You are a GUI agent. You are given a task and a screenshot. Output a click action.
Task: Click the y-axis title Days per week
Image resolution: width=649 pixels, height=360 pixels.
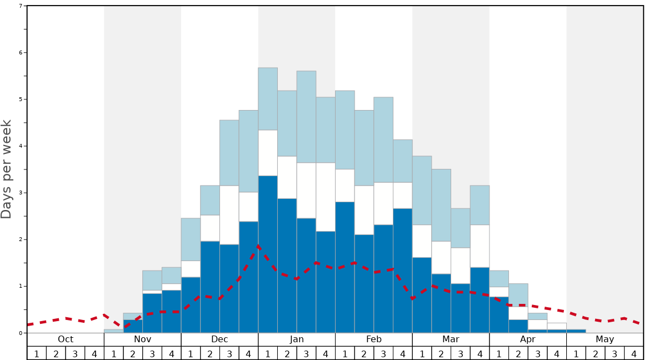pos(7,169)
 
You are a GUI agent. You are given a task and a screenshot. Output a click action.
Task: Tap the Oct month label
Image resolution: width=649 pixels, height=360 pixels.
pos(66,339)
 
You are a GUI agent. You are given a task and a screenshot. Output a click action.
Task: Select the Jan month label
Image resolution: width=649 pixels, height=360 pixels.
pos(297,339)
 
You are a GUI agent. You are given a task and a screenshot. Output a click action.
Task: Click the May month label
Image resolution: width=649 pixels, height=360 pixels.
pos(605,339)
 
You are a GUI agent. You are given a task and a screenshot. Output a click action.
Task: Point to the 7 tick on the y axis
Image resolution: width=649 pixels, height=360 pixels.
pos(21,6)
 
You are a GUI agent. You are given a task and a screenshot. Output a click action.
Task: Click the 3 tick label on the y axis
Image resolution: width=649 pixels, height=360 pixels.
pos(21,193)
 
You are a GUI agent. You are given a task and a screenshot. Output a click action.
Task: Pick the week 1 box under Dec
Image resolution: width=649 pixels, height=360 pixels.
pos(191,353)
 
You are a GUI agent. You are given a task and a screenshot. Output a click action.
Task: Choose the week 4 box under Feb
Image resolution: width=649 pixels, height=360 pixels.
pos(402,353)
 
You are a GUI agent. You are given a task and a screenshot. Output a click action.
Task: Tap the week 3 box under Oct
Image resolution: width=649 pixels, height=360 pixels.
pos(75,353)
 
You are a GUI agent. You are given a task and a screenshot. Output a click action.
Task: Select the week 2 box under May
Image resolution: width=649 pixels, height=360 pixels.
pos(595,353)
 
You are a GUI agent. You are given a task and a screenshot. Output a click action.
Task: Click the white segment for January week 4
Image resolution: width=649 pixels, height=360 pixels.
pos(326,197)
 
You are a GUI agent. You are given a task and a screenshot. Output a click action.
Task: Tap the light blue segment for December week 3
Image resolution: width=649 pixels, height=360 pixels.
pos(229,153)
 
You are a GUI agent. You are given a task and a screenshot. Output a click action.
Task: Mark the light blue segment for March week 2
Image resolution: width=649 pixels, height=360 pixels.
pos(441,205)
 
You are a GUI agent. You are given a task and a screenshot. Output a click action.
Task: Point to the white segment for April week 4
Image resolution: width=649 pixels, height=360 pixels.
pos(557,326)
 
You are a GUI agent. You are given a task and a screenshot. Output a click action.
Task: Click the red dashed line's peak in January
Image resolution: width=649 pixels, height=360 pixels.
pos(258,246)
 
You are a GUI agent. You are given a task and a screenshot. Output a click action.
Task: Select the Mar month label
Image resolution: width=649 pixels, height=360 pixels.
pos(451,339)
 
